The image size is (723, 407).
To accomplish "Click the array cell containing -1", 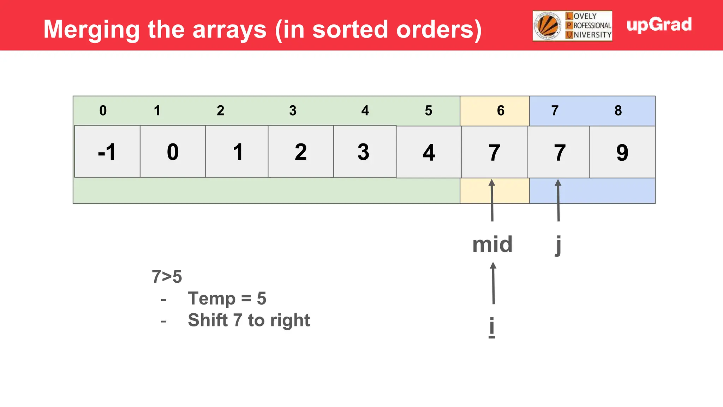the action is (107, 152).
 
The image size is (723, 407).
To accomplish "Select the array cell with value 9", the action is (622, 152).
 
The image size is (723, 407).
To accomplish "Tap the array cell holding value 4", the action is (429, 152).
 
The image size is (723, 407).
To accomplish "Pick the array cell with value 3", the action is (364, 152).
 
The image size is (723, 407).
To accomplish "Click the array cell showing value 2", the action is (301, 152).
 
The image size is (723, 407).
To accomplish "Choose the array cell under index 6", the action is (494, 152).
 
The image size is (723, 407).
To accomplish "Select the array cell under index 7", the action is (558, 152).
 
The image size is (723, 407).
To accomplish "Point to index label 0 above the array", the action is (103, 111).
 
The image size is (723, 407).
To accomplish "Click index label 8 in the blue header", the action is (618, 111).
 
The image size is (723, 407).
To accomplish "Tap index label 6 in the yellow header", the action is (501, 111).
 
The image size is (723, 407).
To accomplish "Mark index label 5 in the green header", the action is (428, 111).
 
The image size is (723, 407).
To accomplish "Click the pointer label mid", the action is (492, 244).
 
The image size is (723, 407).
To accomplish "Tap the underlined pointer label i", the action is (492, 326).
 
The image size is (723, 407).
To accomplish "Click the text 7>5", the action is (167, 277).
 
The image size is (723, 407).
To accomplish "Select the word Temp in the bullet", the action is (211, 299).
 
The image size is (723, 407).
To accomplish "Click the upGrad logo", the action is (659, 25).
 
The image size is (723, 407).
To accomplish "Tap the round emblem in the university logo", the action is (548, 26).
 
